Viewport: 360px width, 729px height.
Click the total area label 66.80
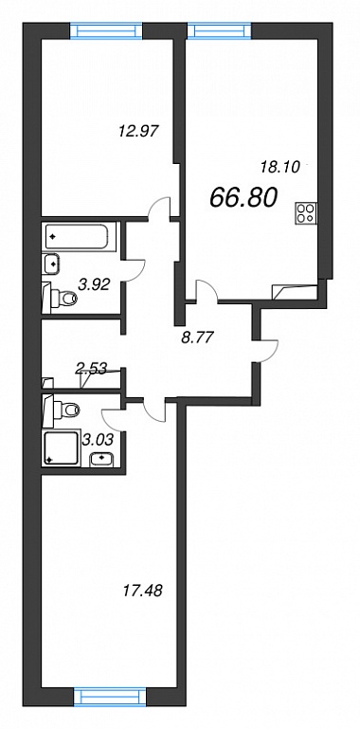click(x=243, y=197)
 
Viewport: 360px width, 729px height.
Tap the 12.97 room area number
click(x=139, y=132)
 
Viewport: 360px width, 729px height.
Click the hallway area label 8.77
click(x=198, y=337)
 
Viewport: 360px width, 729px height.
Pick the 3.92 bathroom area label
click(x=94, y=285)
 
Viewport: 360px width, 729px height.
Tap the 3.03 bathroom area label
click(x=98, y=438)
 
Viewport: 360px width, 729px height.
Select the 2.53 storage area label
click(x=91, y=369)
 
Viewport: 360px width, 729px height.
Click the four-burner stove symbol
click(x=306, y=213)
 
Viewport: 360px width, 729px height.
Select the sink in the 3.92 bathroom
click(x=52, y=264)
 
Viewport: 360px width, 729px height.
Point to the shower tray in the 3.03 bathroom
click(x=61, y=447)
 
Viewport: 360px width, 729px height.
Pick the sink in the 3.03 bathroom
click(x=100, y=459)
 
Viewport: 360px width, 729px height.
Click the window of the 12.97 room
click(x=106, y=31)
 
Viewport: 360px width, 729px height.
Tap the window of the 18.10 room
click(x=220, y=30)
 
